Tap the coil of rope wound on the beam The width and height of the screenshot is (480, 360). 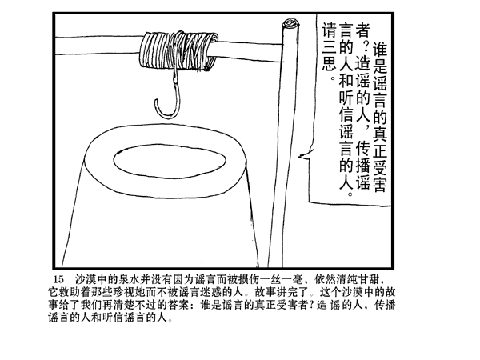pyautogui.click(x=178, y=50)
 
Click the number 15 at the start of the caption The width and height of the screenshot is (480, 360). pyautogui.click(x=58, y=279)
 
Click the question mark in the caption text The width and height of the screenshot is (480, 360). pyautogui.click(x=311, y=306)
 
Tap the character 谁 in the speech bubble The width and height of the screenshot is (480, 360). pyautogui.click(x=379, y=50)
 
